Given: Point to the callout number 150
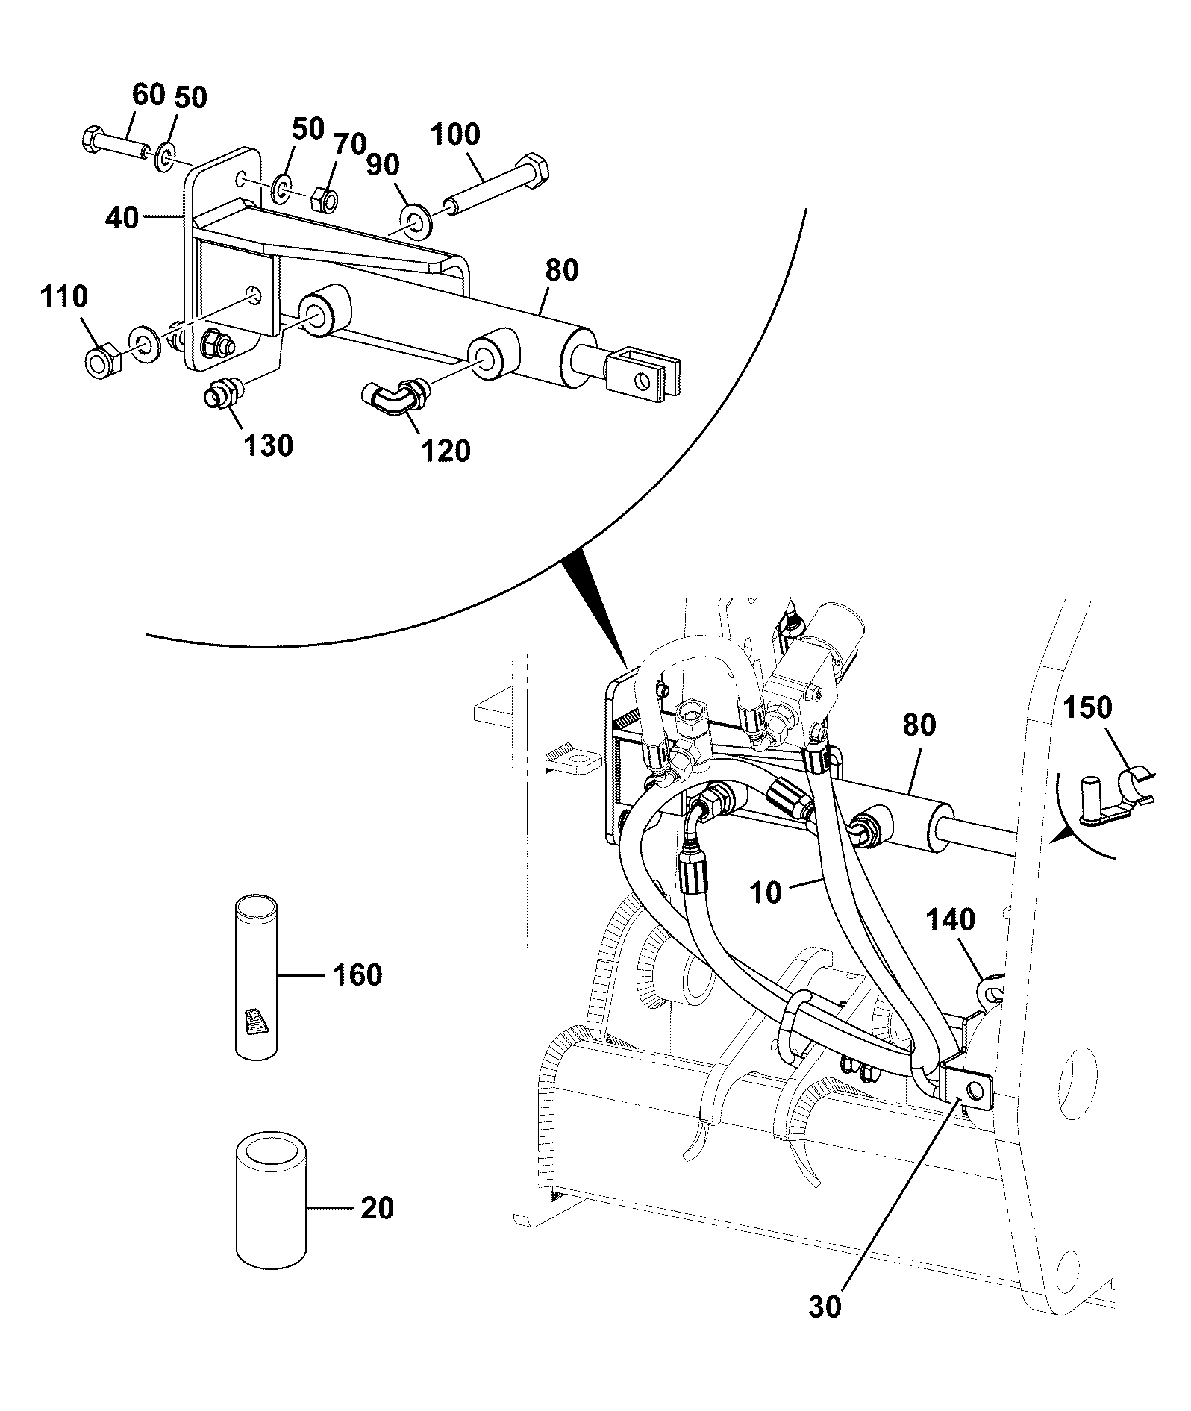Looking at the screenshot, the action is coord(1087,707).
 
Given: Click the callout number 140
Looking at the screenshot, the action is coord(951,919).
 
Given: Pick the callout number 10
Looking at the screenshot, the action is coord(765,892).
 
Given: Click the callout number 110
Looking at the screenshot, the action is coord(63,297).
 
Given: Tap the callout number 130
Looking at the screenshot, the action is coord(269,445).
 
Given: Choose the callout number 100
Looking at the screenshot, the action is coord(455,135).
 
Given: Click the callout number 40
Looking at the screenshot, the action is coord(122,219).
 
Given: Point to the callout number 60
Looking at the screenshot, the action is coord(148,95).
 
